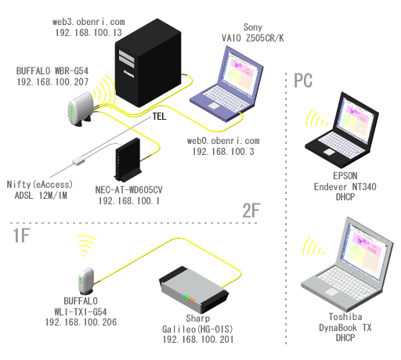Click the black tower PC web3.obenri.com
[148, 63]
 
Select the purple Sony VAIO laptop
[226, 84]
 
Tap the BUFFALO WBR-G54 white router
[81, 109]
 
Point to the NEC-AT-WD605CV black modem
[128, 160]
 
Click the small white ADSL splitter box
[78, 160]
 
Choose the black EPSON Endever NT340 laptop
[342, 130]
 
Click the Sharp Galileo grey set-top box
[194, 290]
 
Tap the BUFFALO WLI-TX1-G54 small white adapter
[86, 281]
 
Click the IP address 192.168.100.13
[89, 33]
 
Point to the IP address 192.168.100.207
[52, 82]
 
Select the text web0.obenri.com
[223, 141]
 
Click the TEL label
[159, 116]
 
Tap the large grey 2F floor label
[251, 211]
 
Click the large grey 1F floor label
[21, 236]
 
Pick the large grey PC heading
[303, 81]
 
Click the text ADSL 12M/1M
[41, 196]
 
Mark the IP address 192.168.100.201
[198, 340]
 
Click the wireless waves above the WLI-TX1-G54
[88, 245]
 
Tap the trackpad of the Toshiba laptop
[331, 291]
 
